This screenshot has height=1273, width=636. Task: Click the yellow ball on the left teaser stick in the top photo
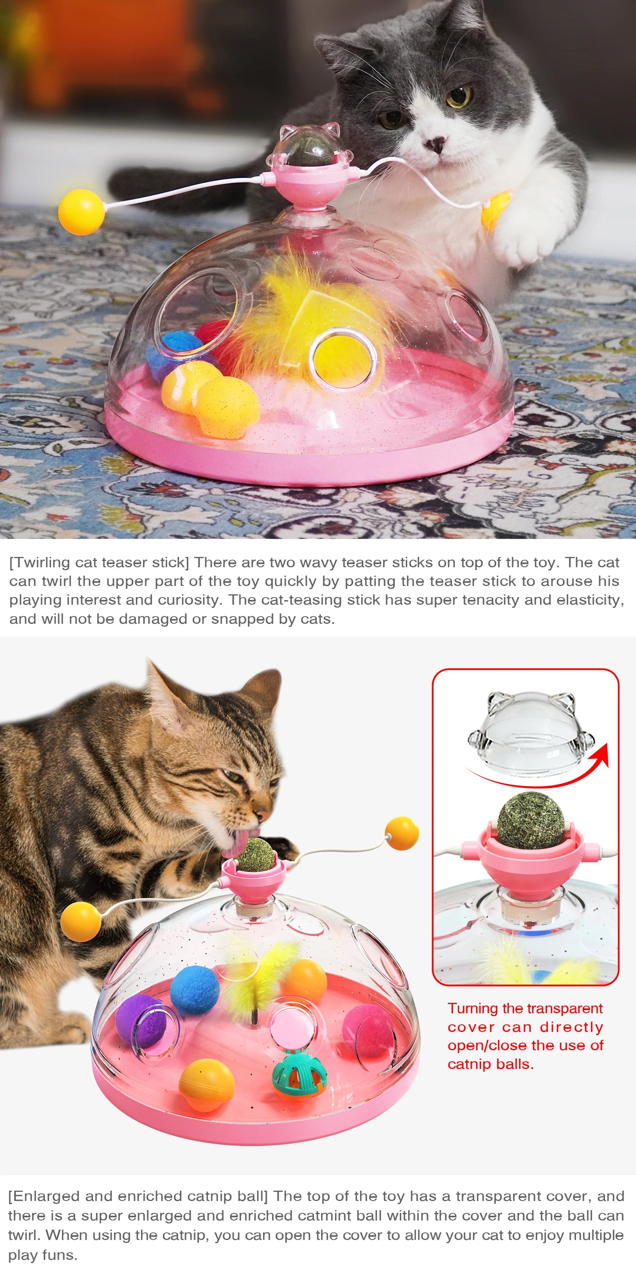[81, 212]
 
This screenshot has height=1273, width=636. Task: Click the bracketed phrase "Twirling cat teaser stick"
[99, 563]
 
